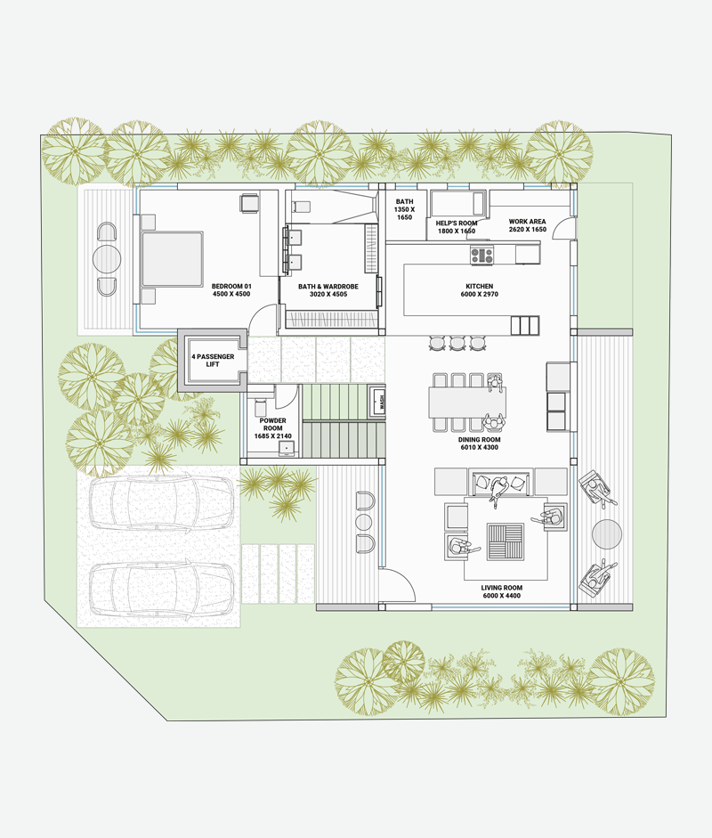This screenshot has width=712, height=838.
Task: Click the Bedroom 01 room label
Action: (231, 290)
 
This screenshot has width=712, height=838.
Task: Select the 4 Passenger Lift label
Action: (213, 360)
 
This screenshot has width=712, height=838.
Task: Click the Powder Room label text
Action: (273, 425)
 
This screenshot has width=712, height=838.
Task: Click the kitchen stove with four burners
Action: (481, 255)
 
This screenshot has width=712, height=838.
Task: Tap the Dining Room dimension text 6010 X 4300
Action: (479, 447)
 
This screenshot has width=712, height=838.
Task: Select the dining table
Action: (467, 402)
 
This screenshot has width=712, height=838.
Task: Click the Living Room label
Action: (502, 591)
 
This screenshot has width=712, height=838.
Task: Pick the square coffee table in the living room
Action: (505, 542)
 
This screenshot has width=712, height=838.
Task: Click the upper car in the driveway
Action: (161, 502)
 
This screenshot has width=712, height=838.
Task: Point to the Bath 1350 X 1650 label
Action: (404, 209)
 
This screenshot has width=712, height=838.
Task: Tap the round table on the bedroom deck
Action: (107, 259)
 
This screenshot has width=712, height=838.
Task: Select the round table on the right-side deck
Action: (607, 534)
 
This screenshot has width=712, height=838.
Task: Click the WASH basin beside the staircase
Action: (379, 400)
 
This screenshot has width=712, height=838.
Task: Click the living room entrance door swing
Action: (398, 585)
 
